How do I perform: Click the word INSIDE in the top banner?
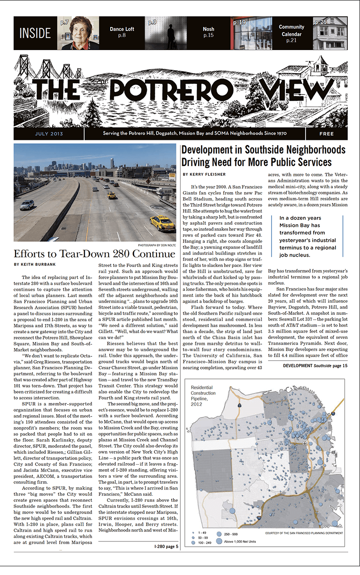35,33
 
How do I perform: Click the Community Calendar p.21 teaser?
292,34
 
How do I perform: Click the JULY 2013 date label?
49,134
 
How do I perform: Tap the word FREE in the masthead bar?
326,134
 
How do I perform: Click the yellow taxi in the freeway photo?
162,224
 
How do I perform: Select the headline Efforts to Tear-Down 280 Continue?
94,254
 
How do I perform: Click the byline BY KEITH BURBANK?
35,264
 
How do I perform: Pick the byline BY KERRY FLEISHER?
204,174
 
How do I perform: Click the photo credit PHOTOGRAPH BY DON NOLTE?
156,245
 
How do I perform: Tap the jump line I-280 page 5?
166,546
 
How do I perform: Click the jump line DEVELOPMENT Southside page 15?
315,365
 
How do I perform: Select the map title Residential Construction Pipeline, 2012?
203,396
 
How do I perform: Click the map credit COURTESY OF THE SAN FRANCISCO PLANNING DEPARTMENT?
304,533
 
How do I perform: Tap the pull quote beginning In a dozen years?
307,237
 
